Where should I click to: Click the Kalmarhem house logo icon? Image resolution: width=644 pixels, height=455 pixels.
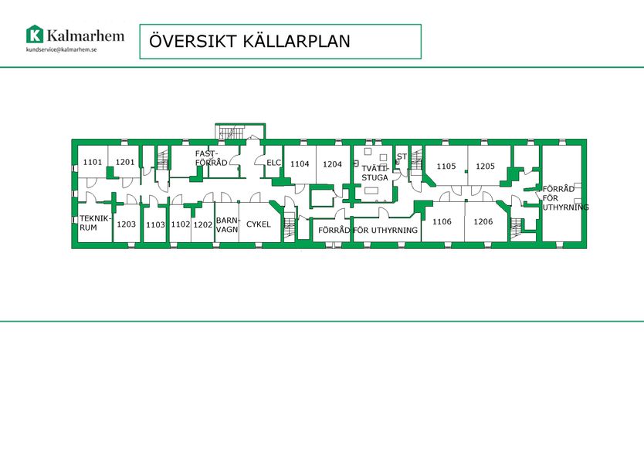pyautogui.click(x=35, y=34)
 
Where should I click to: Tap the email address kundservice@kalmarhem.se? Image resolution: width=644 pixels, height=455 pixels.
pyautogui.click(x=62, y=49)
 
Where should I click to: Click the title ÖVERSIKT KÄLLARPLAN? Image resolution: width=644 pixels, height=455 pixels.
pyautogui.click(x=249, y=41)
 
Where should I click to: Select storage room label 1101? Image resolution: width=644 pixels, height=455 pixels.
pyautogui.click(x=93, y=162)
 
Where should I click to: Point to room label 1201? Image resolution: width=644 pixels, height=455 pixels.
pyautogui.click(x=125, y=162)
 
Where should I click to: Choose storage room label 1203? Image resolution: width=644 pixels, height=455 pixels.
pyautogui.click(x=126, y=224)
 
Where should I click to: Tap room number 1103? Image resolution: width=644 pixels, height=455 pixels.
pyautogui.click(x=156, y=224)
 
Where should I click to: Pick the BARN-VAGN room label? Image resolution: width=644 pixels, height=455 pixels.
pyautogui.click(x=228, y=225)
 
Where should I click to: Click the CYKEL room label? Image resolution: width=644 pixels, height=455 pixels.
pyautogui.click(x=259, y=224)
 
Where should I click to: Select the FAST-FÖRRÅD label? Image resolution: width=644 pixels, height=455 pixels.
pyautogui.click(x=211, y=158)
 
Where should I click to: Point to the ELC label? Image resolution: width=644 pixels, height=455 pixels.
pyautogui.click(x=274, y=163)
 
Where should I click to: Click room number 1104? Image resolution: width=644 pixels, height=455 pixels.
pyautogui.click(x=300, y=164)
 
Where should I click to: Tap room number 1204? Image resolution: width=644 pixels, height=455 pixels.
pyautogui.click(x=332, y=164)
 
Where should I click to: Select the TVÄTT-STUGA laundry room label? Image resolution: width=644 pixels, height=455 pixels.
pyautogui.click(x=375, y=174)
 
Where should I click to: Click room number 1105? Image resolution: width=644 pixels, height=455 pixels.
pyautogui.click(x=446, y=166)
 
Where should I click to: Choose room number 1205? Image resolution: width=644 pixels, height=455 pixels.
pyautogui.click(x=485, y=166)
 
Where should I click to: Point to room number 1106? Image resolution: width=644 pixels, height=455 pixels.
pyautogui.click(x=442, y=221)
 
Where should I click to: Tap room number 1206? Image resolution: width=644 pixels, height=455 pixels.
pyautogui.click(x=483, y=221)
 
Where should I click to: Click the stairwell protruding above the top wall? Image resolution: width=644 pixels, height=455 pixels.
pyautogui.click(x=240, y=131)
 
